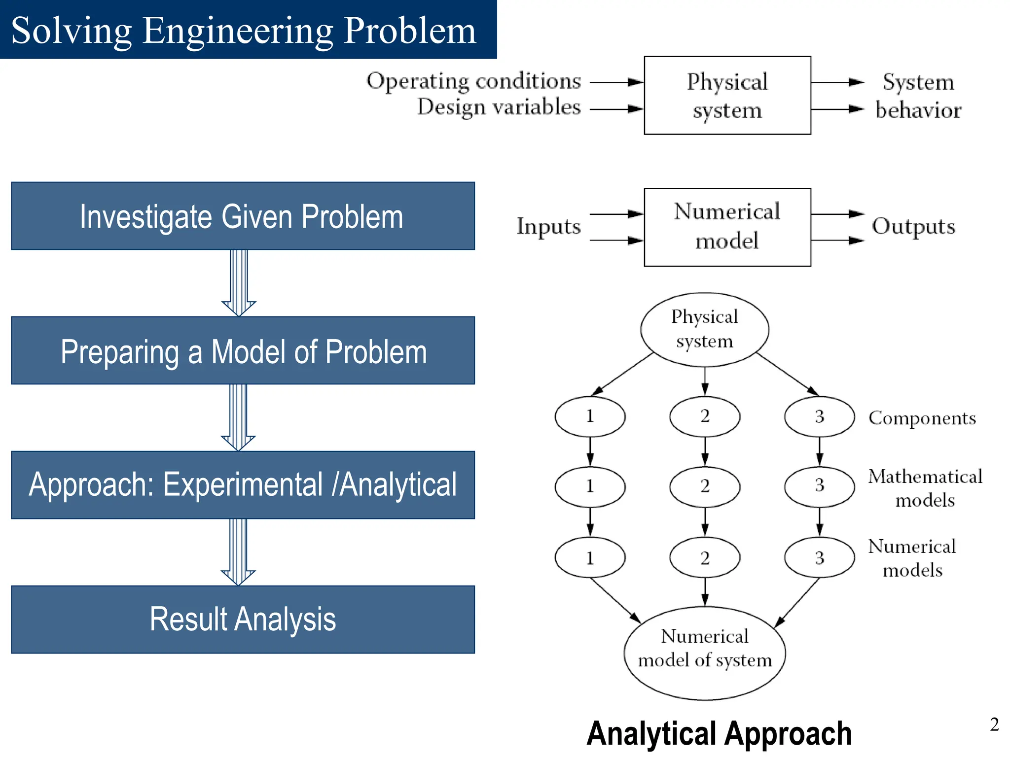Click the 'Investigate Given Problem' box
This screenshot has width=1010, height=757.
pyautogui.click(x=243, y=216)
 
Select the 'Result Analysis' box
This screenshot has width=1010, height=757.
pyautogui.click(x=243, y=619)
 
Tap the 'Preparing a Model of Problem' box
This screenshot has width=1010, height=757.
pyautogui.click(x=243, y=350)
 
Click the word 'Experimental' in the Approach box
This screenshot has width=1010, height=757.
pyautogui.click(x=243, y=485)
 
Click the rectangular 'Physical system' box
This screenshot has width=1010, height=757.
pyautogui.click(x=727, y=95)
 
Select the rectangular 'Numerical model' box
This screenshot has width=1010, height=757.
pyautogui.click(x=727, y=227)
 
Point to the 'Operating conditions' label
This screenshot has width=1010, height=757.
pyautogui.click(x=473, y=81)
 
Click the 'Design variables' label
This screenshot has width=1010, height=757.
pyautogui.click(x=499, y=107)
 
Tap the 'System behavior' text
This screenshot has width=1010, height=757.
pyautogui.click(x=918, y=96)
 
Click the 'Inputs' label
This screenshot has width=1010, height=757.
pyautogui.click(x=548, y=227)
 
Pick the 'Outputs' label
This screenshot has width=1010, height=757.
pyautogui.click(x=913, y=227)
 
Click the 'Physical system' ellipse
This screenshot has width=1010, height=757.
pyautogui.click(x=704, y=329)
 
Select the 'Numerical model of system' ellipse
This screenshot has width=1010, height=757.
pyautogui.click(x=704, y=653)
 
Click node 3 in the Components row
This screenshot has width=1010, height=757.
pyautogui.click(x=819, y=416)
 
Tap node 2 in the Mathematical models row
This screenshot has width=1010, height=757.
pyautogui.click(x=704, y=486)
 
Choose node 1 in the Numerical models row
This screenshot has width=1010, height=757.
pyautogui.click(x=590, y=557)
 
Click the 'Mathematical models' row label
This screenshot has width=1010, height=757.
pyautogui.click(x=925, y=488)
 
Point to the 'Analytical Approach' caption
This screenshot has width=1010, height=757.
pyautogui.click(x=719, y=733)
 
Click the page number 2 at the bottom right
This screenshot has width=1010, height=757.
pyautogui.click(x=994, y=724)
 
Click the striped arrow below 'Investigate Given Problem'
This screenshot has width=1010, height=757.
pyautogui.click(x=239, y=282)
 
